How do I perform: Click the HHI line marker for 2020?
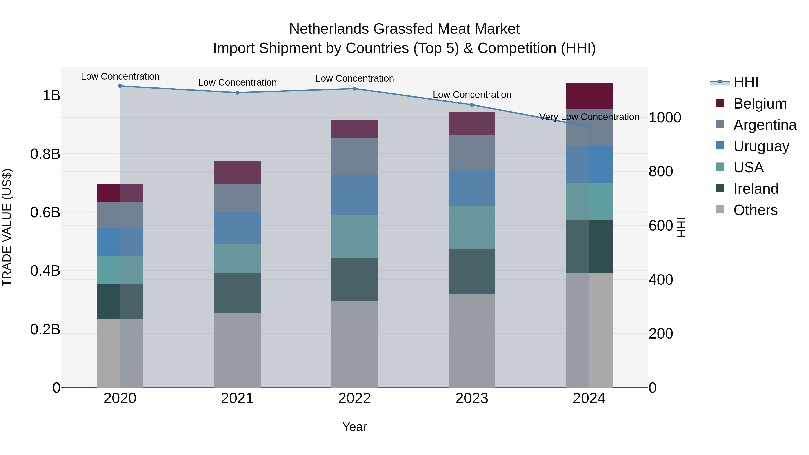(x=120, y=86)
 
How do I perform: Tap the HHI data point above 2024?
(x=589, y=127)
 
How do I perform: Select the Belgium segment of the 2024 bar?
(x=589, y=96)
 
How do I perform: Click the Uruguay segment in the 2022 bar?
(x=355, y=195)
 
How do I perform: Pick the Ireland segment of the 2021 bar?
(x=237, y=293)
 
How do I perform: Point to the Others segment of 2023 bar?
(x=472, y=341)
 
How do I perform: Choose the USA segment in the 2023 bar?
(x=472, y=227)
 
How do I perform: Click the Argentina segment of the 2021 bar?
(x=237, y=198)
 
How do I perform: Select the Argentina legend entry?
(x=765, y=125)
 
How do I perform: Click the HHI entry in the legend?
(x=746, y=82)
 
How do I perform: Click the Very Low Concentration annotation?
(x=589, y=117)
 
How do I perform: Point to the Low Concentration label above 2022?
(x=355, y=78)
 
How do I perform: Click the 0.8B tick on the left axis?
(x=45, y=154)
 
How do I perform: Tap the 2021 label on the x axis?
(x=237, y=398)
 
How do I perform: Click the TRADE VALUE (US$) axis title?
(x=7, y=227)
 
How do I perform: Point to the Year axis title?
(x=355, y=427)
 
